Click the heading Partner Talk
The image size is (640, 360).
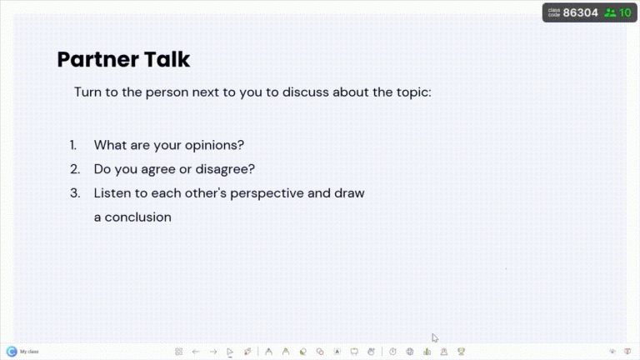click(x=123, y=59)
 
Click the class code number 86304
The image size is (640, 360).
click(x=581, y=12)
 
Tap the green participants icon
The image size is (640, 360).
click(x=610, y=12)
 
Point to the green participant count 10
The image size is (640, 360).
click(x=625, y=12)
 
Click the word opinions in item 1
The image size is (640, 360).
click(x=216, y=144)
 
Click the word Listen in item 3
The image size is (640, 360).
click(x=112, y=192)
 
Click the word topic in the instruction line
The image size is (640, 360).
click(x=412, y=92)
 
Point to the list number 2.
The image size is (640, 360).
click(x=74, y=168)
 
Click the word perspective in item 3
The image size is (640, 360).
click(x=278, y=192)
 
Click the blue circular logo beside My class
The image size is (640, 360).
click(x=12, y=352)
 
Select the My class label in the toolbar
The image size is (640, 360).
click(x=29, y=352)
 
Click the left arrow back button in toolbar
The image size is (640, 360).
click(x=196, y=352)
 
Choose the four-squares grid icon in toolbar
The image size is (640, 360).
click(x=178, y=352)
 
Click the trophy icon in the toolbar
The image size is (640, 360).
click(x=462, y=352)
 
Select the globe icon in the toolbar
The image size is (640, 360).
click(x=410, y=352)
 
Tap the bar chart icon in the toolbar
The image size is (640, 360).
click(x=427, y=352)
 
